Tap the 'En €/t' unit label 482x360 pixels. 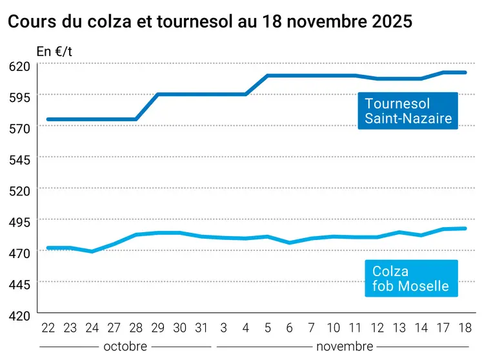pos(55,51)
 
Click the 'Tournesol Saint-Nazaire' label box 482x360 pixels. pos(408,110)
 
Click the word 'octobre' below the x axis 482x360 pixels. pos(125,346)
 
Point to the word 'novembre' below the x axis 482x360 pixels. pos(345,346)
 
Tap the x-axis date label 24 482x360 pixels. pos(92,328)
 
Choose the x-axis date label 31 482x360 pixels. pos(201,328)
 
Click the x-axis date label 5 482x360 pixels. pos(267,328)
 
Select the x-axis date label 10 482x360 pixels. pos(333,328)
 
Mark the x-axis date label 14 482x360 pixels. pos(421,328)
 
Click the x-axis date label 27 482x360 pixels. pos(114,328)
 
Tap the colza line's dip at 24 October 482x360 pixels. pos(92,251)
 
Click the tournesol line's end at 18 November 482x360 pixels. pos(465,72)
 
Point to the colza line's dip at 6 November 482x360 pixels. pos(289,243)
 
